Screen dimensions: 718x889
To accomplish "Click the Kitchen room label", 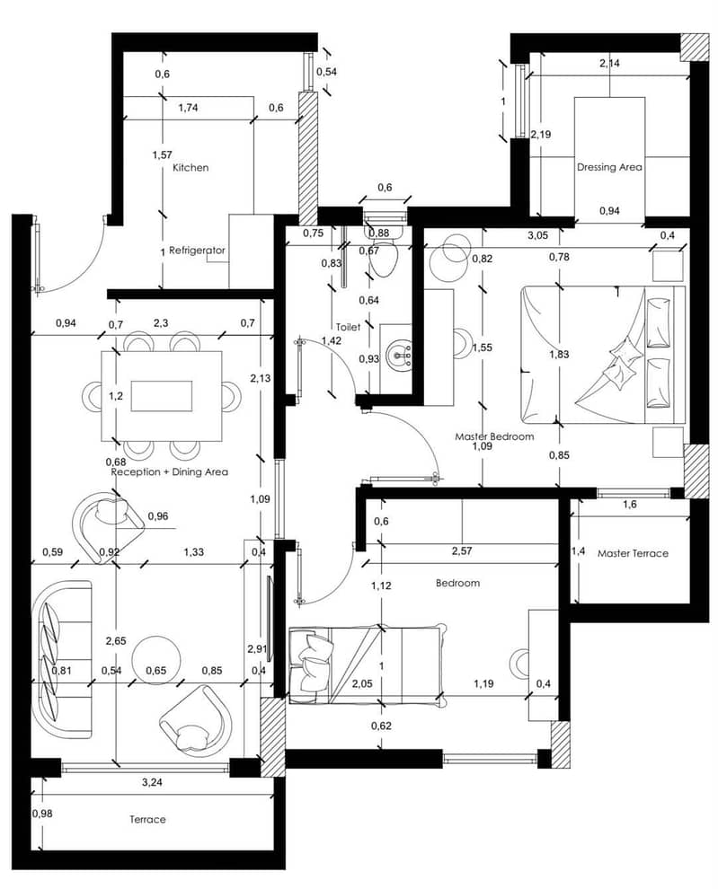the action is (191, 168).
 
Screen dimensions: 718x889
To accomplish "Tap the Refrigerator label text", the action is (197, 250).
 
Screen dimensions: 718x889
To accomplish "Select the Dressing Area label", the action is (609, 167).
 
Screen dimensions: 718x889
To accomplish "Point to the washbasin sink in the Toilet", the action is (399, 355).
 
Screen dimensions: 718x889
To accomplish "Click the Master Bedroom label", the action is (494, 436).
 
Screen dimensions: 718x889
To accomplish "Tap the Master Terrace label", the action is (633, 553).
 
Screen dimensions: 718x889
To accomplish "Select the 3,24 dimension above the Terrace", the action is (152, 782).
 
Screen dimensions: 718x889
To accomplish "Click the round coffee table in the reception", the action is (156, 660).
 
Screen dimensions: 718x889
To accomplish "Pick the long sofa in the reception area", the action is (62, 659).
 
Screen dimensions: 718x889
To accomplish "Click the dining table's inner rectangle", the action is (162, 396).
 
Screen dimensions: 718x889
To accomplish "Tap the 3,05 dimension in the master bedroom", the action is (538, 235).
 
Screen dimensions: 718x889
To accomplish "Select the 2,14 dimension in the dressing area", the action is (609, 64).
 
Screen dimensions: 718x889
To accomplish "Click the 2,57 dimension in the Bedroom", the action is (462, 550).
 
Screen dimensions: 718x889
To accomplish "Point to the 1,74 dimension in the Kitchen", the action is (188, 108).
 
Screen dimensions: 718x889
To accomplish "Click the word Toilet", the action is (348, 327).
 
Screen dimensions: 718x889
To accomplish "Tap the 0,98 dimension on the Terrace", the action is (42, 814).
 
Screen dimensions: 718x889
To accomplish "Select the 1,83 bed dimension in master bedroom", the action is (559, 355).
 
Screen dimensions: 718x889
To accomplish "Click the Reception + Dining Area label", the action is (169, 471).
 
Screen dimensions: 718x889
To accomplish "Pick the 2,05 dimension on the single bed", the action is (362, 683).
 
